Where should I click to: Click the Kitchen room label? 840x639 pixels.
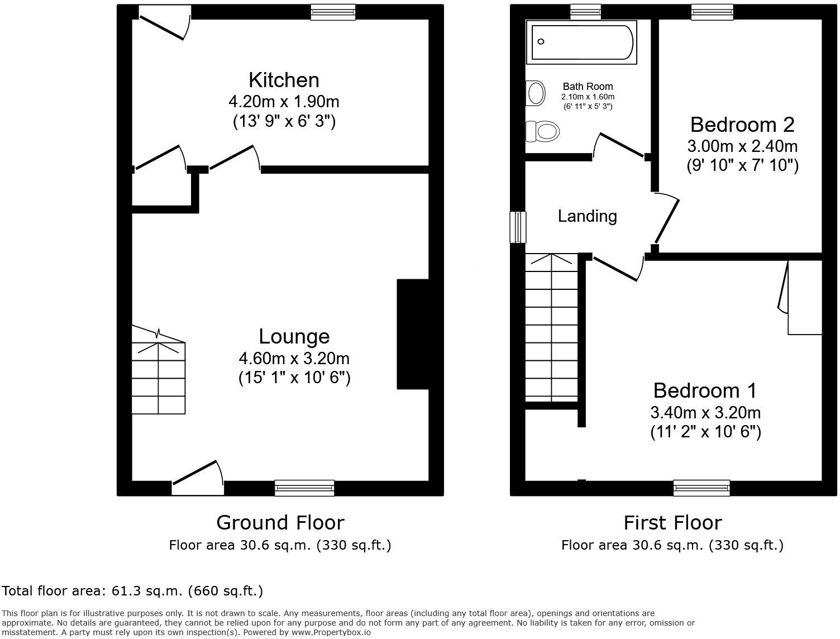pos(284,80)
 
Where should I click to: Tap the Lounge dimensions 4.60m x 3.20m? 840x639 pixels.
pos(294,357)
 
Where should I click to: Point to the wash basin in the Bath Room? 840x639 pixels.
pos(536,93)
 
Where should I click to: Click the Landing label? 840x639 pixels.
pos(587,216)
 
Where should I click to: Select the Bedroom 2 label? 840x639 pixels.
pos(742,124)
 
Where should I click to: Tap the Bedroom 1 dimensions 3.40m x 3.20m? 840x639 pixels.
pos(705,413)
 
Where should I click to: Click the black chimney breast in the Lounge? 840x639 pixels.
pos(412,333)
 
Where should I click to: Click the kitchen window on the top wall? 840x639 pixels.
pos(333,12)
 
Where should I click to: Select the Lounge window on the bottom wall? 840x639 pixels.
pos(304,488)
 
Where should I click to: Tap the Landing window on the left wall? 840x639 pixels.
pos(518,227)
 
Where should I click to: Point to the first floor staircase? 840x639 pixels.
pos(552,327)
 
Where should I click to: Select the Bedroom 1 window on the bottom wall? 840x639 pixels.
pos(701,488)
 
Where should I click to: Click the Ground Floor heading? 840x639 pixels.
pos(280,523)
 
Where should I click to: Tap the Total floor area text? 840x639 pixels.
pos(132,590)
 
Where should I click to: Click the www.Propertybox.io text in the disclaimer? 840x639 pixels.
pos(331,632)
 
